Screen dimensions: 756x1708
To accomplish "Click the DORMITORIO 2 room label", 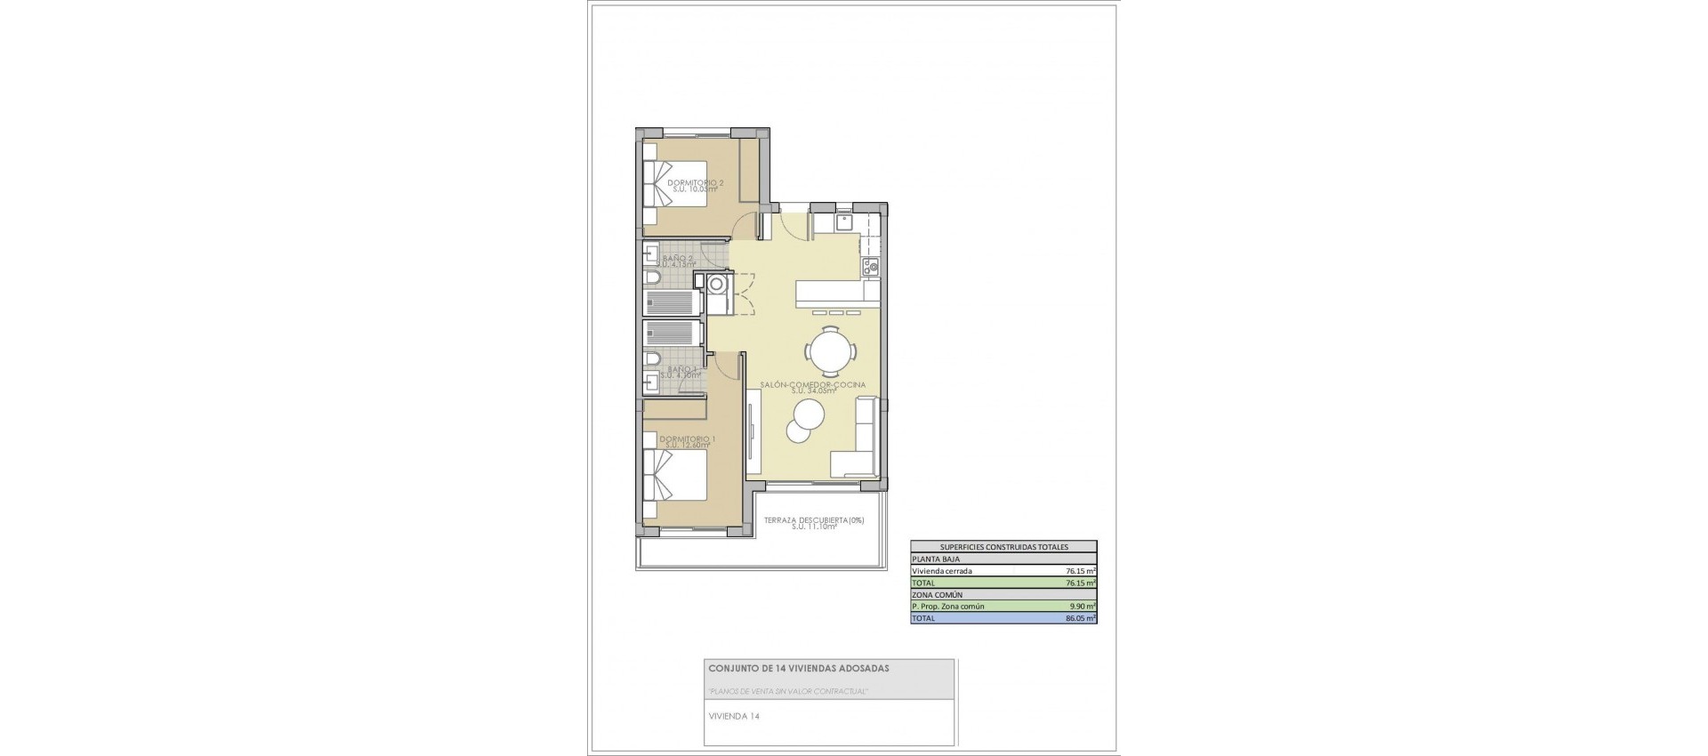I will [695, 182].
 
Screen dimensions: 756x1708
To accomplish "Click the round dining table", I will [832, 350].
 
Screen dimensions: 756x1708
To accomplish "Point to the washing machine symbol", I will [716, 285].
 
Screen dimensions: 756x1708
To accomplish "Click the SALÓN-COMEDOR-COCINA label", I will [812, 385].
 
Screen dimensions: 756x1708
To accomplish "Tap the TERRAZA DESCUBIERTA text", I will [813, 520].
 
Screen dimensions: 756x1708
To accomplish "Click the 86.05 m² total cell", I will [1080, 618].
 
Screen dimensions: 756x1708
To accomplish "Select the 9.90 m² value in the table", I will [1081, 607].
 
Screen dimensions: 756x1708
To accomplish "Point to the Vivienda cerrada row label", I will [942, 571].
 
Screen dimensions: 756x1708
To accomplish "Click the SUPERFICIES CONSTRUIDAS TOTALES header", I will [1003, 547].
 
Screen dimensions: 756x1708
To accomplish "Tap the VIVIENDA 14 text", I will [734, 716].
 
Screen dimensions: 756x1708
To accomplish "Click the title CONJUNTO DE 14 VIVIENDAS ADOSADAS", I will [798, 668].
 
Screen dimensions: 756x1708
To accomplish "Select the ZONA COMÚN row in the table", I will [937, 595].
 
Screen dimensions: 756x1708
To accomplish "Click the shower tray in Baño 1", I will [673, 333].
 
